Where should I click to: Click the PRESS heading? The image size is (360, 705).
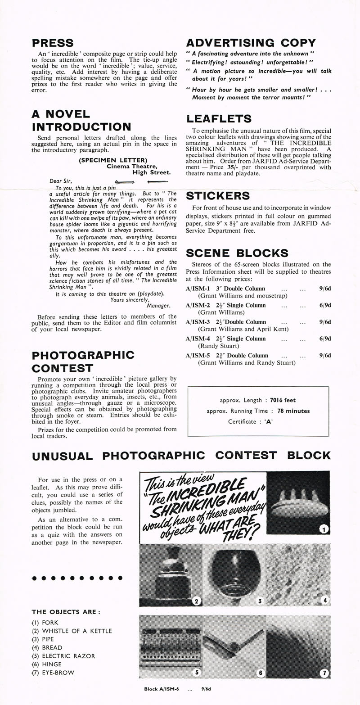(53, 43)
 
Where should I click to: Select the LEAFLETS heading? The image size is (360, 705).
(219, 119)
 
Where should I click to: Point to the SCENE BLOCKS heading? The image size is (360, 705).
(237, 253)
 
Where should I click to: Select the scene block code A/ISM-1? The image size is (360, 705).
(198, 289)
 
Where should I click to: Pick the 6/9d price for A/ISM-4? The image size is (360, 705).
(325, 339)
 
